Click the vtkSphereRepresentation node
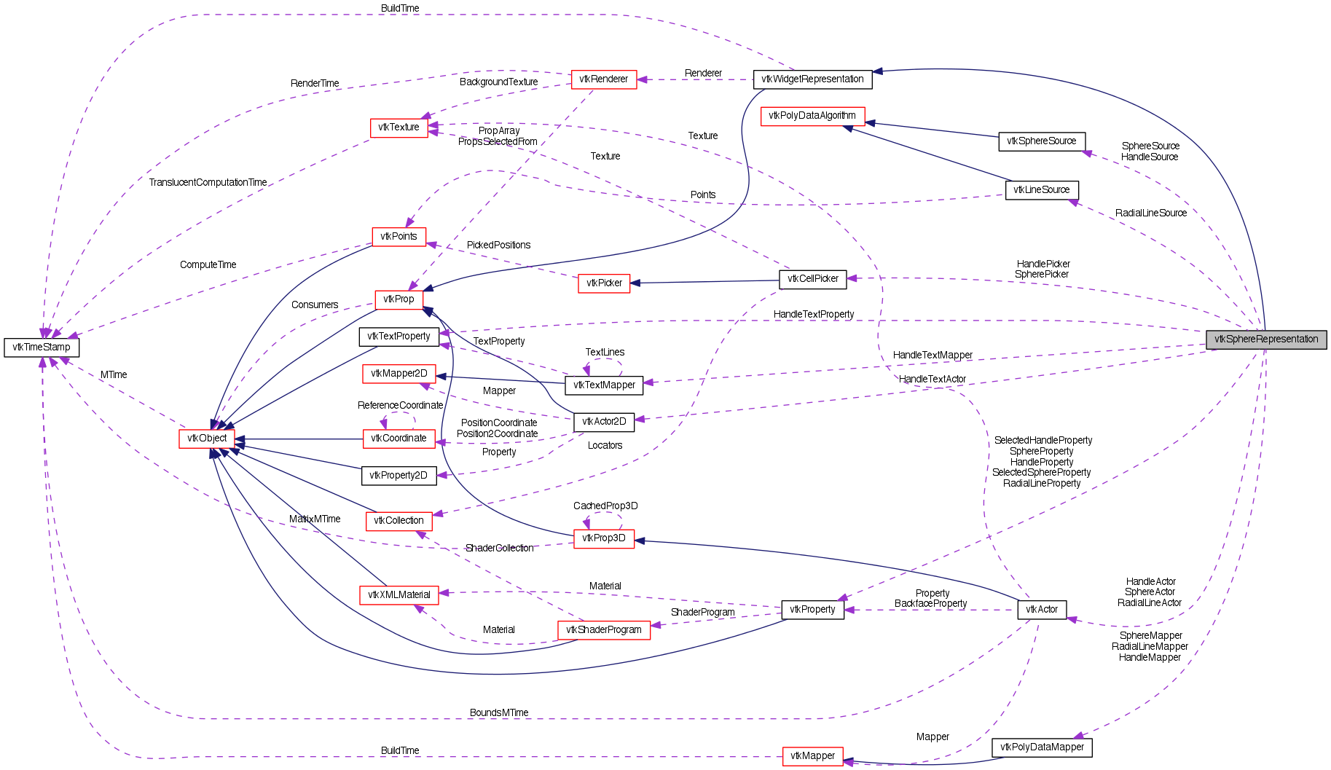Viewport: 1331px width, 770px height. pos(1266,339)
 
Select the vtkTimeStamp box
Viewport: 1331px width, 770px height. pos(42,347)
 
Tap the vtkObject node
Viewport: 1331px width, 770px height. pos(207,439)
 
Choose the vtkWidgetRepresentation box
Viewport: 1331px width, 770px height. pos(812,79)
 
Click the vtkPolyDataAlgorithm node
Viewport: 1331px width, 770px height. pos(812,116)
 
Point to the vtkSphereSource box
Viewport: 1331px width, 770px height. pos(1041,141)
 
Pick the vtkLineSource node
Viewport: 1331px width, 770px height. pos(1041,190)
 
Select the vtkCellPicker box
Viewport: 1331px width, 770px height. pos(813,279)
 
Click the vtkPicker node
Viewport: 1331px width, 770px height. pos(604,283)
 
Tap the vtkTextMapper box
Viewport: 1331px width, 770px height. pos(604,385)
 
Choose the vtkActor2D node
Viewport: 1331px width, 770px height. pos(604,422)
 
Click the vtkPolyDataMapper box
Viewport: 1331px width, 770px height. pos(1042,747)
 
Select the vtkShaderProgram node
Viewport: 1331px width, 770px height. pos(603,630)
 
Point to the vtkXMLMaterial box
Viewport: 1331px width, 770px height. pos(398,595)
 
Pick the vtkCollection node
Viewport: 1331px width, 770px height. pos(398,521)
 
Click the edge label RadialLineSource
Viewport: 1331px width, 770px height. pos(1150,213)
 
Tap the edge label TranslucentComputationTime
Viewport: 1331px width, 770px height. pos(208,183)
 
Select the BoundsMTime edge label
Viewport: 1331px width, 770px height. pos(499,713)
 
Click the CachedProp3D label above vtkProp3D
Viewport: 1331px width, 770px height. pos(605,506)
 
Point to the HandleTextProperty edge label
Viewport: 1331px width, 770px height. pos(813,315)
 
